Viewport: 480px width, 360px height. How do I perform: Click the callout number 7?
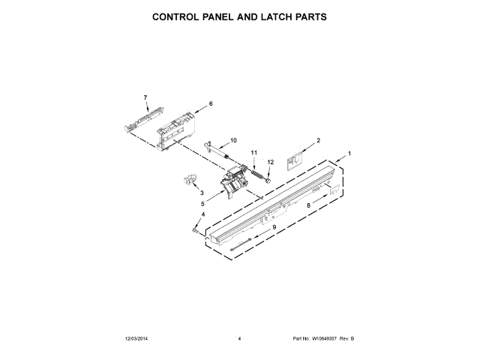[x=145, y=97]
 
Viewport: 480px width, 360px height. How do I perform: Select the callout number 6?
[x=211, y=103]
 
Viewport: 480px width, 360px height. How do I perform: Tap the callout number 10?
[x=232, y=140]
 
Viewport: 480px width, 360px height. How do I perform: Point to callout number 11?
[x=253, y=153]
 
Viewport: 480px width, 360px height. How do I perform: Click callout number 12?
[x=271, y=161]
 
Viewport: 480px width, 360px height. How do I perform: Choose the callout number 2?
[x=318, y=140]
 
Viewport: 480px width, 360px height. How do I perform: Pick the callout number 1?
[x=347, y=154]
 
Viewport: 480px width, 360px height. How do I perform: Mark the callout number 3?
[x=180, y=194]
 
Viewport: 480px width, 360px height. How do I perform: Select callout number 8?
[x=307, y=204]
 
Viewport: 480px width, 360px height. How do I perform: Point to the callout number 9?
[x=274, y=226]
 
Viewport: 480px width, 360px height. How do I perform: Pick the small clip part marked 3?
[x=188, y=180]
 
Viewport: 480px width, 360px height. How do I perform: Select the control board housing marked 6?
[x=179, y=126]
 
